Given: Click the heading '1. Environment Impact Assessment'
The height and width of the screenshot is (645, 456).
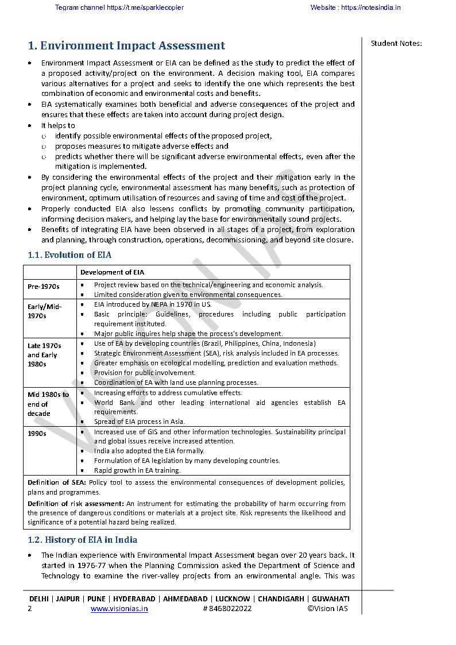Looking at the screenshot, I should click(126, 46).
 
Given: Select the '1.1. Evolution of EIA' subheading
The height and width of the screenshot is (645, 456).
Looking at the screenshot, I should click(69, 255).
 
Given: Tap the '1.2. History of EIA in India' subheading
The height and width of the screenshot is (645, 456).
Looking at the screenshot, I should click(82, 540).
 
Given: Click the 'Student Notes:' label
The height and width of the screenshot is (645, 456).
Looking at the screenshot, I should click(396, 43).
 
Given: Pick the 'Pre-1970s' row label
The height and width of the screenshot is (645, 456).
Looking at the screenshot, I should click(44, 286).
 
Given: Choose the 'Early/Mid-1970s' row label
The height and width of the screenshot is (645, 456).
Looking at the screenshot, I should click(44, 311).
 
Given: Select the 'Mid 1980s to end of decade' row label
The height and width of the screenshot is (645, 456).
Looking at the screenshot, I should click(48, 404).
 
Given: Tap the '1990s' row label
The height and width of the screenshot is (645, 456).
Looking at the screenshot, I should click(37, 434).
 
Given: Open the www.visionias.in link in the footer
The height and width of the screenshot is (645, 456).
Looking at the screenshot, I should click(119, 609).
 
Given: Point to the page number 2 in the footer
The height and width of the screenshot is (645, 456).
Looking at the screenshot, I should click(30, 609).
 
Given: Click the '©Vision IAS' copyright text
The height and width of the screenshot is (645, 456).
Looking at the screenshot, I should click(327, 609).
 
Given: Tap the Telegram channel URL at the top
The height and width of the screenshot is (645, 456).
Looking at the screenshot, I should click(145, 7).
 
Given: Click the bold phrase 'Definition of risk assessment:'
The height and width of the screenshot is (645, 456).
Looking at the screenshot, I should click(76, 503).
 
